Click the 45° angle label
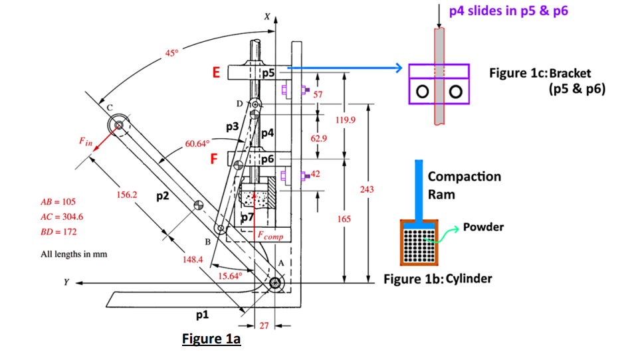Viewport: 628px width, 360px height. [x=172, y=52]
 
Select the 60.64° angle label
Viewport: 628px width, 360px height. [x=197, y=143]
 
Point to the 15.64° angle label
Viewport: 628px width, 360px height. [x=230, y=276]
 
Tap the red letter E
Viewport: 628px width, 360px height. [x=216, y=73]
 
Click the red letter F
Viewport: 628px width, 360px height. [x=213, y=159]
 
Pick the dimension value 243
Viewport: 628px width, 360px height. [x=367, y=190]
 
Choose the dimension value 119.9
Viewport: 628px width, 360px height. [x=348, y=121]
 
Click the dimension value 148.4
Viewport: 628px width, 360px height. [x=192, y=259]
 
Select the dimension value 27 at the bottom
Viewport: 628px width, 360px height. [x=263, y=326]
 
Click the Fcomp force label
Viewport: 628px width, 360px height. [x=270, y=236]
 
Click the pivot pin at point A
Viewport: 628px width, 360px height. [x=276, y=284]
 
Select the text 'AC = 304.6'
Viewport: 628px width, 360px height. [x=62, y=217]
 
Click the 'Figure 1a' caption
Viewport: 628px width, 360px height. [x=211, y=339]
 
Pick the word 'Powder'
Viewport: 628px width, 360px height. [x=483, y=227]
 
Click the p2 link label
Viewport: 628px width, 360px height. [x=163, y=196]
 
